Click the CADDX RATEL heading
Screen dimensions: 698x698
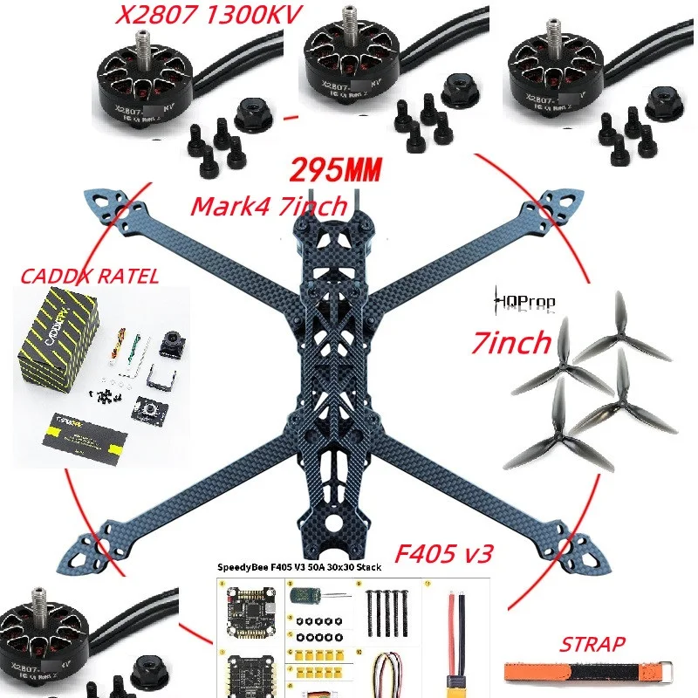(x=89, y=277)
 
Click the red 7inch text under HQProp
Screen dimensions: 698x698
(x=510, y=342)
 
